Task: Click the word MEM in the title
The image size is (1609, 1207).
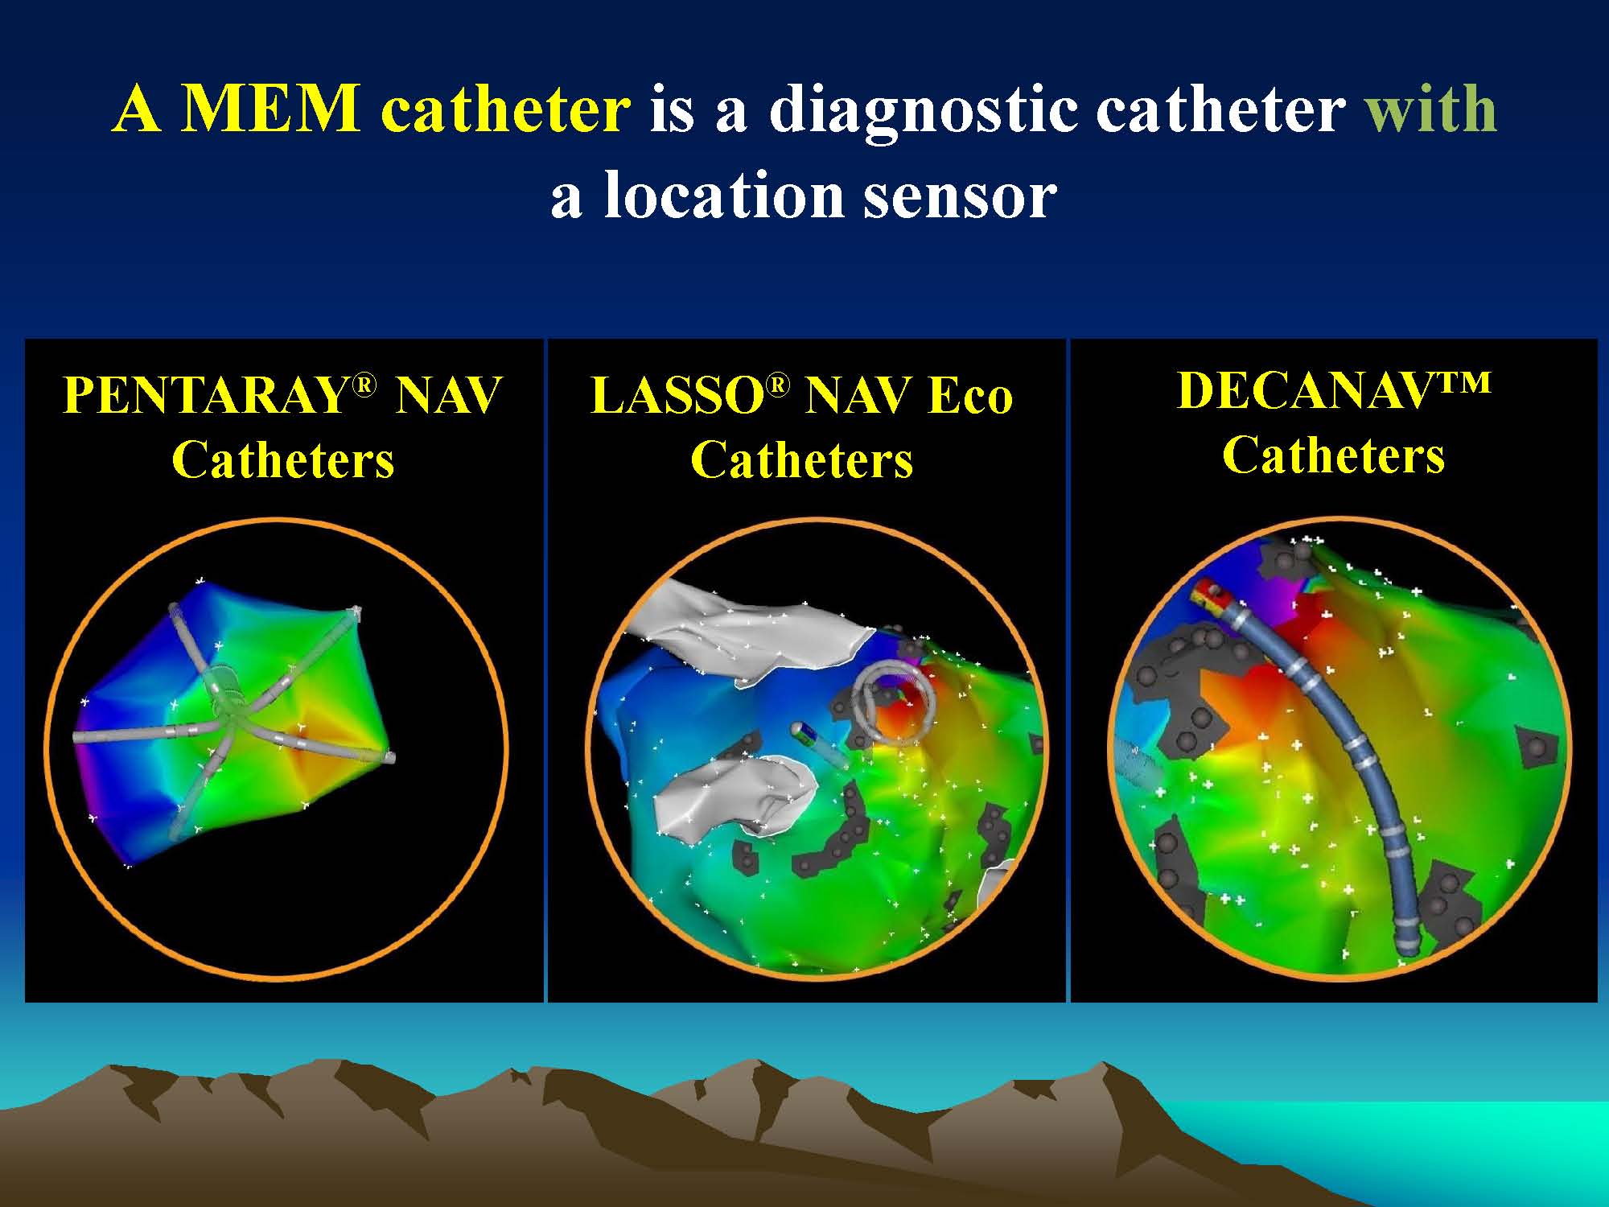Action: [270, 109]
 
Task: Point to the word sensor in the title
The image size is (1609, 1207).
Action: [960, 198]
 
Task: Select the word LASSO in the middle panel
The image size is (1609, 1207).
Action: [677, 395]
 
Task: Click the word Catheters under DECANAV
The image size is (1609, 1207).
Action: [1333, 455]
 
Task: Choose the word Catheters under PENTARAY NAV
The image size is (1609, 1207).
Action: [283, 460]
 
